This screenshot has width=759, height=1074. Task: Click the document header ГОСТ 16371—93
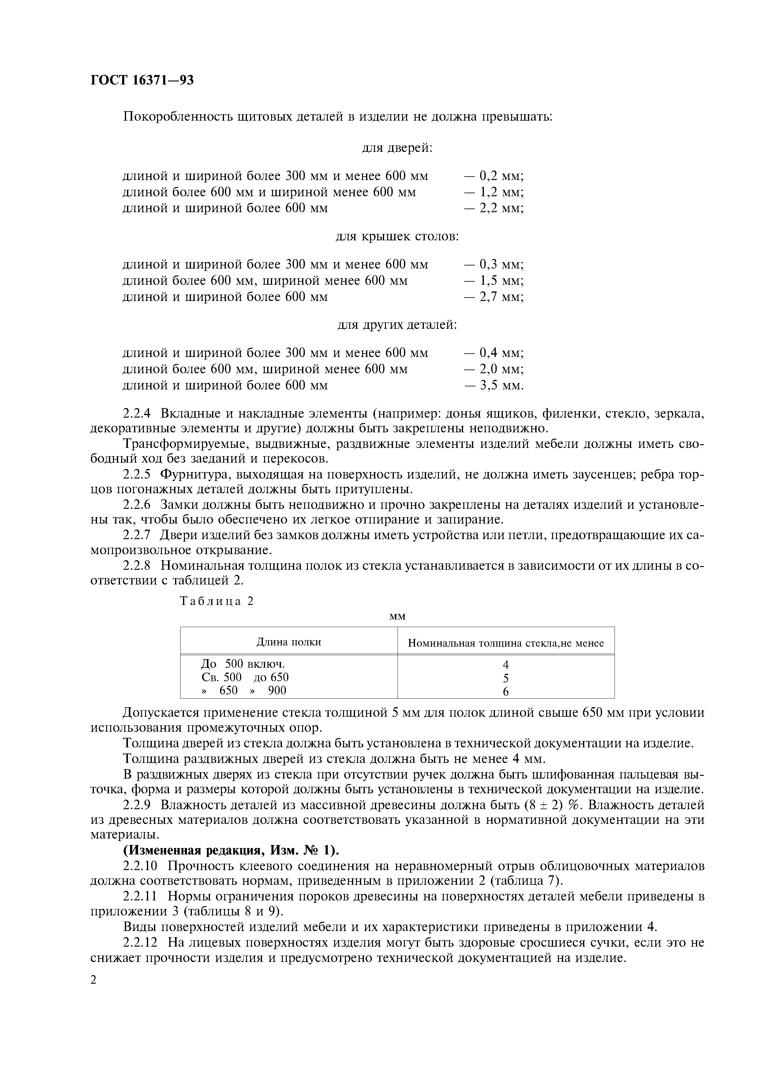(142, 81)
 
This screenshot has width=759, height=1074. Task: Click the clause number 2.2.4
(136, 414)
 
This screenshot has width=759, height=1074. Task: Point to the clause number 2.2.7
(136, 535)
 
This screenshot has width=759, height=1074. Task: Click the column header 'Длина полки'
(289, 642)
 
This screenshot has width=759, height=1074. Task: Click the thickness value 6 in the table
(506, 691)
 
